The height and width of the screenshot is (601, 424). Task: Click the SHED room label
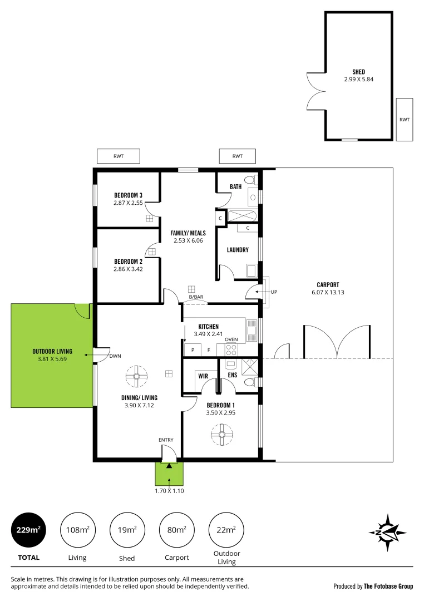[358, 72]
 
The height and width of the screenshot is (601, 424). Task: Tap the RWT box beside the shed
[404, 119]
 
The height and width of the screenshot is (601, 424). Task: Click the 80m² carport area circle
[177, 530]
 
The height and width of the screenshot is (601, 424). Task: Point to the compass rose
[387, 533]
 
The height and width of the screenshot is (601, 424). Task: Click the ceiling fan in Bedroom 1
[221, 434]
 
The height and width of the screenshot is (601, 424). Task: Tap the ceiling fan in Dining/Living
[136, 376]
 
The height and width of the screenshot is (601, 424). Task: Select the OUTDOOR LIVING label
[50, 351]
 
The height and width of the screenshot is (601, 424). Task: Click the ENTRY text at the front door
[166, 440]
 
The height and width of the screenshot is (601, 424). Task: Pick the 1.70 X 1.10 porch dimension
[169, 491]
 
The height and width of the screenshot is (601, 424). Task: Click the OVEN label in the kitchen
[231, 339]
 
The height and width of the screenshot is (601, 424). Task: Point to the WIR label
[203, 376]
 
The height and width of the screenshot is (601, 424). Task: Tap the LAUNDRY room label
[238, 250]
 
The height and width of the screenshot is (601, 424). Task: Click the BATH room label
[236, 186]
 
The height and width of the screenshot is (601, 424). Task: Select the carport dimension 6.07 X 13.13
[328, 292]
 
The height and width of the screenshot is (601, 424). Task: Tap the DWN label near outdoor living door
[115, 356]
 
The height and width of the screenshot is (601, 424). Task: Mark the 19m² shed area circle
[128, 530]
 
